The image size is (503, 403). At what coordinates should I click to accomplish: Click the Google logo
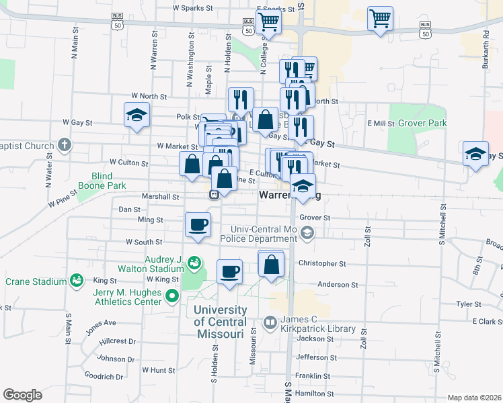point(22,395)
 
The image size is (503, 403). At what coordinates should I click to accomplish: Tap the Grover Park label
point(422,124)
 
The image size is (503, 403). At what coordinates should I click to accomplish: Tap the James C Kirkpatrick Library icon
point(270,323)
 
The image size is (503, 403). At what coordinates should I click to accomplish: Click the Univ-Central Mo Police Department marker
point(307,233)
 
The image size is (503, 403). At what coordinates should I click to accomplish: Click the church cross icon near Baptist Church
point(64,144)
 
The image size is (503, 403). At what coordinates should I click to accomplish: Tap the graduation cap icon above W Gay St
point(137,115)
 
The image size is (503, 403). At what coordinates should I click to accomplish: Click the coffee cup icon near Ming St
point(198,224)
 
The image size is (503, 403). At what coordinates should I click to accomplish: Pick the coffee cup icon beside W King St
point(230,271)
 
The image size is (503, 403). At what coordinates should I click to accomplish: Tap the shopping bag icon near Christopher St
point(271,264)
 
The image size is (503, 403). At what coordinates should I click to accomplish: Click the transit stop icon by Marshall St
point(213,195)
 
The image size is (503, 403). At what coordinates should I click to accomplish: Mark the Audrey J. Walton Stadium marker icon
point(194,262)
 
